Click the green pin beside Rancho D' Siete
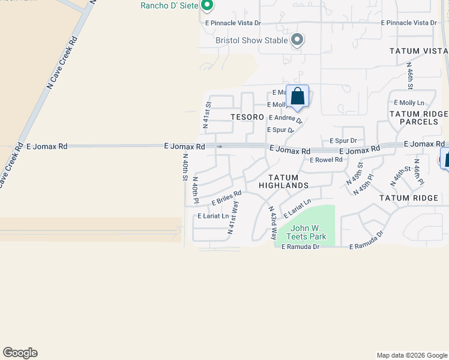click(207, 6)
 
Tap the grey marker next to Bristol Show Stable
click(297, 41)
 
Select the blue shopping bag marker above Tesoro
click(297, 97)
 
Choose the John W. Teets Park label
click(308, 232)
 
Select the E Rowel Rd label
click(326, 160)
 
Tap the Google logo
click(20, 353)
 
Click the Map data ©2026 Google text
click(411, 355)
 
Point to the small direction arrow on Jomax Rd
click(220, 146)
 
